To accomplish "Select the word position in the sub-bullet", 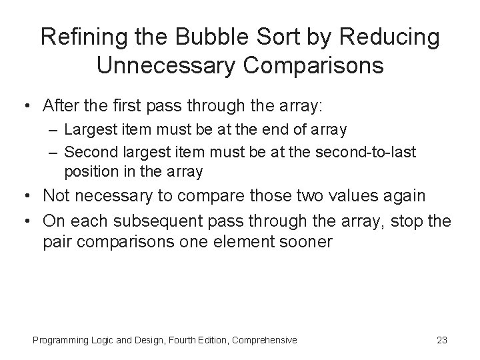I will [x=89, y=171].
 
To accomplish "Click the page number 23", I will [x=441, y=340].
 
